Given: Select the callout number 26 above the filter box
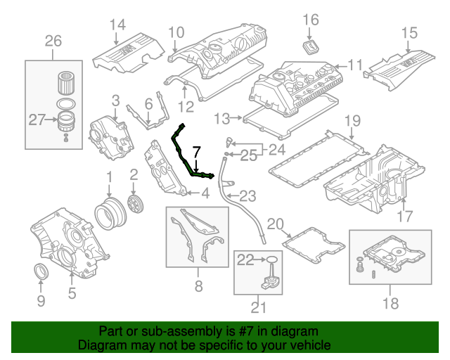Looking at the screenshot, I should pos(53,41).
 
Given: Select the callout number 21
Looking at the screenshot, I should pos(259,306).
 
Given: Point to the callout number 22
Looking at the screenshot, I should pos(245,260).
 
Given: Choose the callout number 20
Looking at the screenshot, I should pos(274,224).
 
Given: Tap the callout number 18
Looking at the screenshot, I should pos(390,303).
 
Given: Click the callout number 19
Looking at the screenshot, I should pos(352,120).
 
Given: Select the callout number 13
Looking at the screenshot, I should pos(222,117).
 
